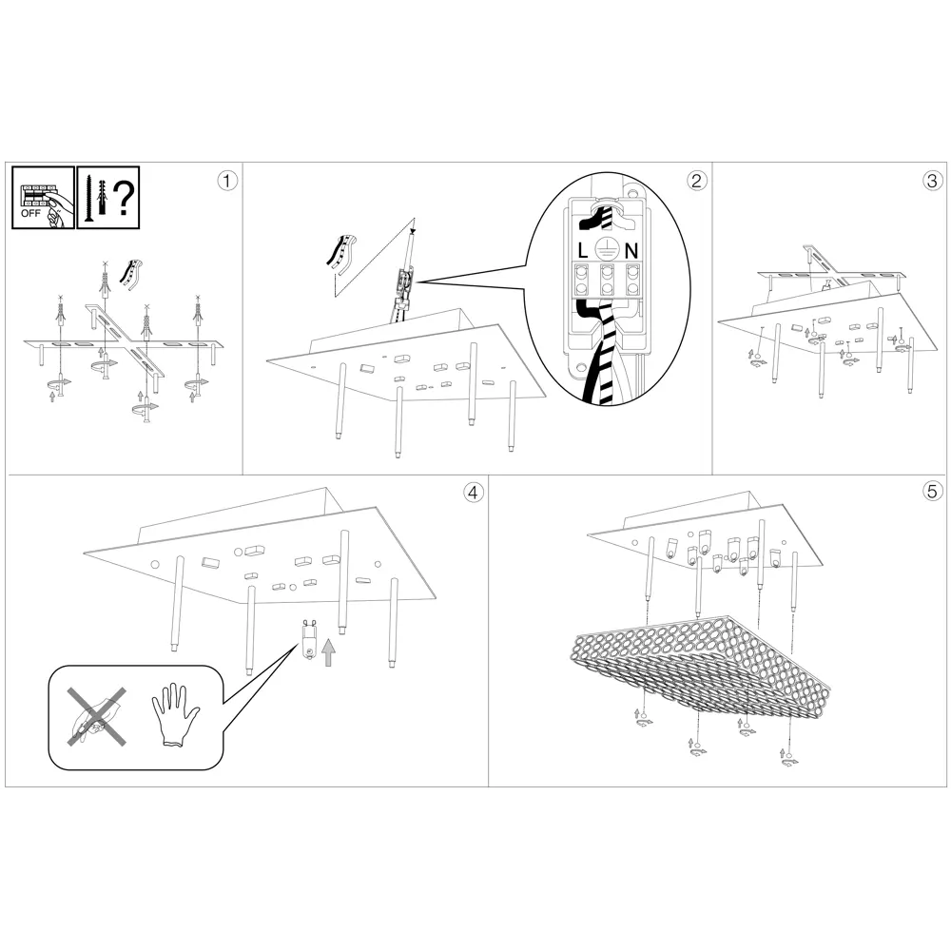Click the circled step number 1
(227, 181)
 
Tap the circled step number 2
(696, 181)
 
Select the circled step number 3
(932, 181)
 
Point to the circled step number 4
(473, 492)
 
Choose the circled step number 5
(932, 492)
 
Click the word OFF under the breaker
(30, 213)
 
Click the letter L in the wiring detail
(583, 250)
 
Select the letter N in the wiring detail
(631, 250)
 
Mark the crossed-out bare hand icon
(97, 716)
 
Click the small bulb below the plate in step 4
(309, 642)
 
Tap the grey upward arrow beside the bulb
(329, 652)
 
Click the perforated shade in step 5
(702, 662)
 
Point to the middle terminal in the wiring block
(607, 280)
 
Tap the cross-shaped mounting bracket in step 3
(831, 275)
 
